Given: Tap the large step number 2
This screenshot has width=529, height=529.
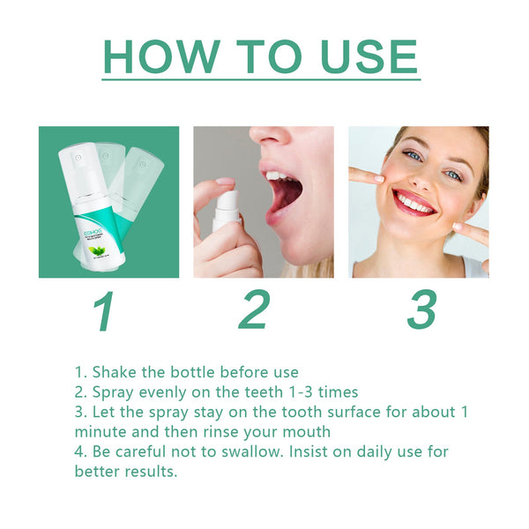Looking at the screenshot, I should [x=254, y=311].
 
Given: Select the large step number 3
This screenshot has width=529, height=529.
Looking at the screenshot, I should [x=421, y=311].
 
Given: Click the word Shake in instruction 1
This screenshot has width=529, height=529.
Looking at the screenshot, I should [x=115, y=372].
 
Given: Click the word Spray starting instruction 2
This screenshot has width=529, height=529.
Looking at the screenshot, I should [x=114, y=392].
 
